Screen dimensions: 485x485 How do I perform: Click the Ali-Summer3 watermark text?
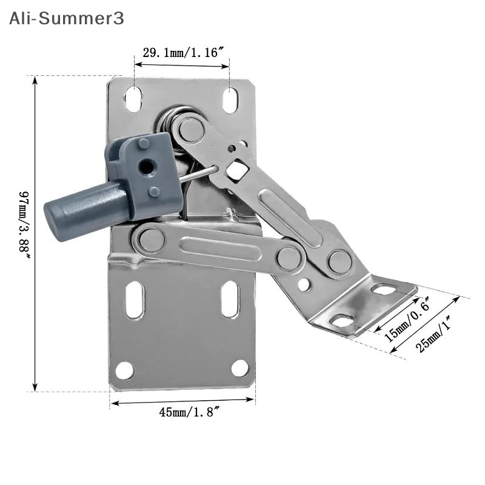coord(67,18)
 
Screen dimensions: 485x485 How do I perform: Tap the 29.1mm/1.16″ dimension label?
coord(183,53)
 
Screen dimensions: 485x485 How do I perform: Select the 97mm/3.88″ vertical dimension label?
coord(24,226)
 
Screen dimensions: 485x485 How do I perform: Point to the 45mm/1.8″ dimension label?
coord(189,412)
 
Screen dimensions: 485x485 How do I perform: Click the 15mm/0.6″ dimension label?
coord(407,319)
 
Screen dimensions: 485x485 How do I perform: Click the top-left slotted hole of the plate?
coord(134,99)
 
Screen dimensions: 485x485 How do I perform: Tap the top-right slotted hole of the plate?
coord(231,101)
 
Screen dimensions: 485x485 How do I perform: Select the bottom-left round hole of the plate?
coord(125,370)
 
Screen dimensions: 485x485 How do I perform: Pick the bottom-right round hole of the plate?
coord(240,369)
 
